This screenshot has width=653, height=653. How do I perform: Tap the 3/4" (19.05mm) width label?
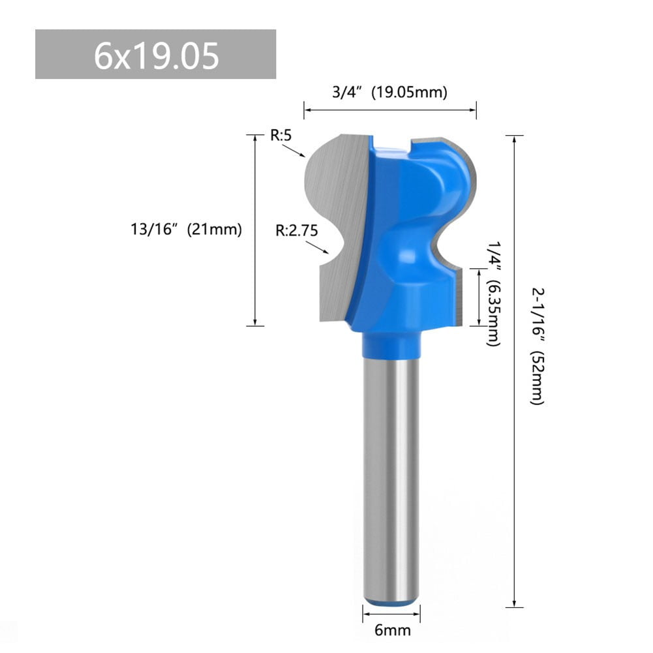tap(389, 93)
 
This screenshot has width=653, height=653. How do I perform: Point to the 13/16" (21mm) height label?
tap(186, 230)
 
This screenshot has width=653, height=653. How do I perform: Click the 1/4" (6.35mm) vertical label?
tap(494, 290)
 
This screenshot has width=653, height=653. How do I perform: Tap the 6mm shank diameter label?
tap(391, 631)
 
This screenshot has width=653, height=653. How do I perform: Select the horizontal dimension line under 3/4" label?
tap(390, 111)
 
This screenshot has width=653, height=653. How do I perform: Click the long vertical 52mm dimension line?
tap(515, 372)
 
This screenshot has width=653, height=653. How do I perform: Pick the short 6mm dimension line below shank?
tap(391, 614)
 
